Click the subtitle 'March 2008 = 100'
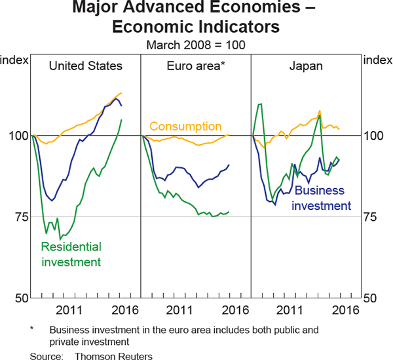pyautogui.click(x=196, y=45)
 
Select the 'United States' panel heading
pyautogui.click(x=86, y=66)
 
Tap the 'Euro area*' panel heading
pyautogui.click(x=196, y=66)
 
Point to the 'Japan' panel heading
pyautogui.click(x=306, y=66)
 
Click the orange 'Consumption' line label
pyautogui.click(x=185, y=126)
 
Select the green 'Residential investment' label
pyautogui.click(x=71, y=254)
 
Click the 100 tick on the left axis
pyautogui.click(x=16, y=136)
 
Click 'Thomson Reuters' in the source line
pyautogui.click(x=114, y=356)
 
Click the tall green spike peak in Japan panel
pyautogui.click(x=260, y=104)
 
